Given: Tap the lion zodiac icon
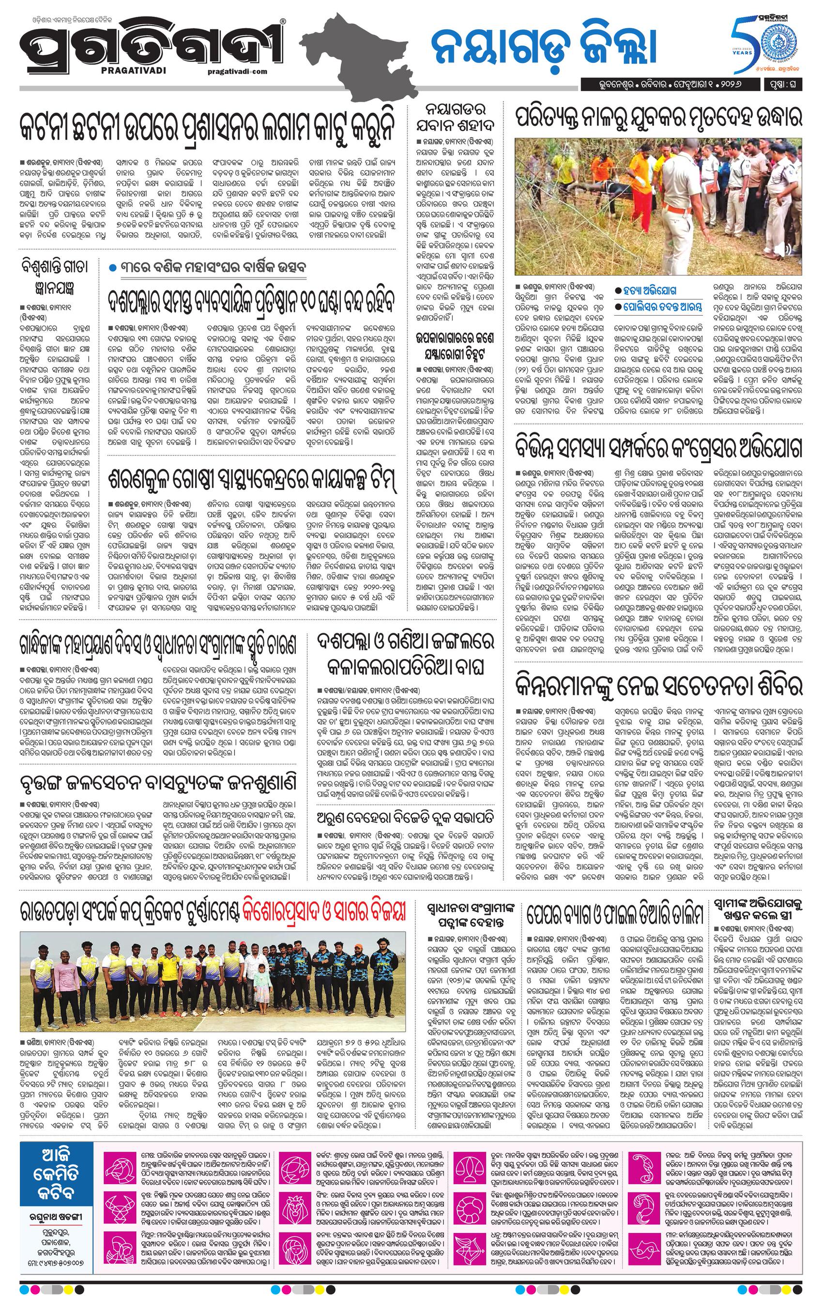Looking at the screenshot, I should coord(297,1218).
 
